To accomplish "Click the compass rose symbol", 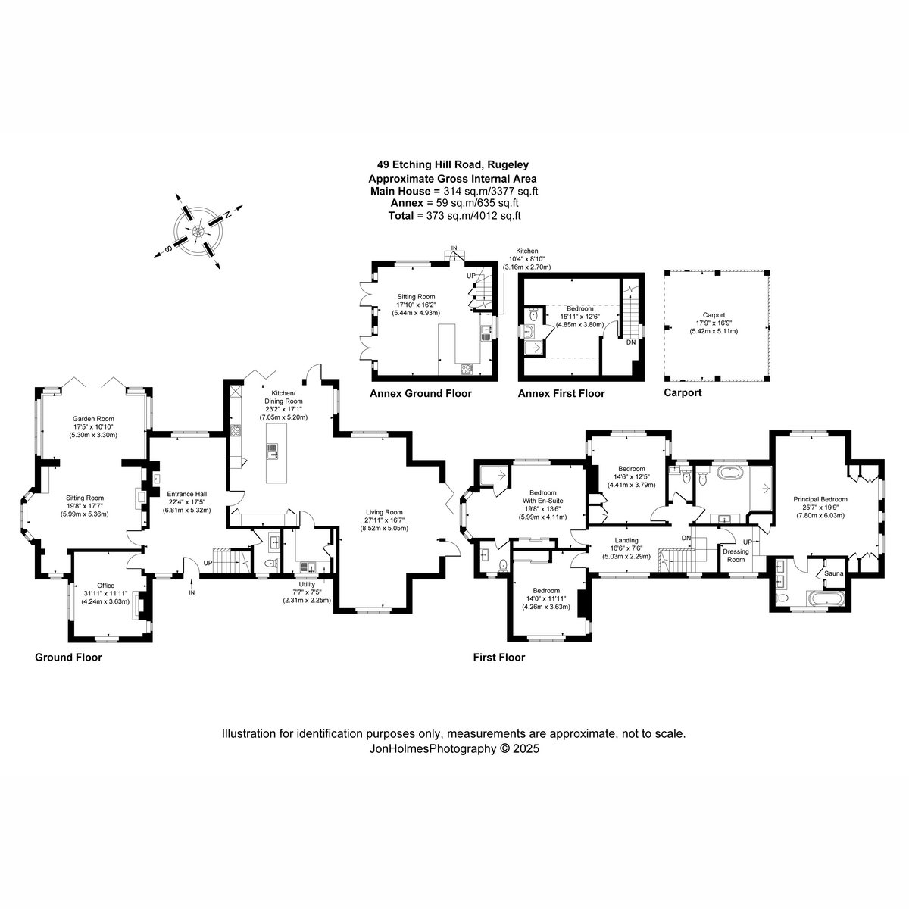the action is (198, 231).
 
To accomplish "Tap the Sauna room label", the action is (833, 573).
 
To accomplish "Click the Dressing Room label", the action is (736, 555).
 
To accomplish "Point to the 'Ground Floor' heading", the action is (68, 657).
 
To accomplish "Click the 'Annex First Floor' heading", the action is (561, 393).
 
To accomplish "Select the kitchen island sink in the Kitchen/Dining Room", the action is (273, 451).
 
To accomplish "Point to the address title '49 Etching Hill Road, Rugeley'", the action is (452, 164).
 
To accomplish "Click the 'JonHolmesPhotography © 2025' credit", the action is (454, 748).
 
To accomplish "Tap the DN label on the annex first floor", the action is (631, 342).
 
